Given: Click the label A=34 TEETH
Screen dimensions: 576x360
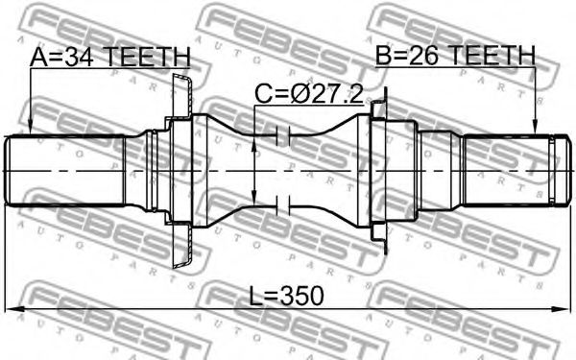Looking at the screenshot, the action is tap(110, 57).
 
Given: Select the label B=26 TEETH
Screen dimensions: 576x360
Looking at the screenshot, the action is tap(455, 56).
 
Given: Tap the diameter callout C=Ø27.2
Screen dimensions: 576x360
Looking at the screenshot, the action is tap(309, 94).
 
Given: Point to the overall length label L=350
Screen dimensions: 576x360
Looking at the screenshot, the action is tap(287, 296).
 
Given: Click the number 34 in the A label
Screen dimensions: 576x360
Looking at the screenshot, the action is tap(78, 57).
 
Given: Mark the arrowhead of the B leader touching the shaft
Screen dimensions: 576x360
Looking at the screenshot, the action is tap(536, 129).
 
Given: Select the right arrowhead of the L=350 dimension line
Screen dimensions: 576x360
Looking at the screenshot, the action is tap(564, 309).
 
